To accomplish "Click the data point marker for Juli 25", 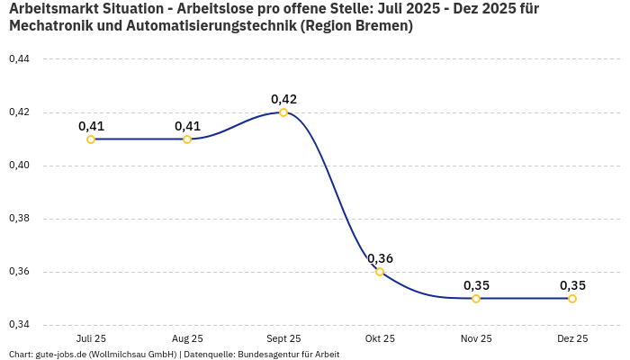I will click(91, 139).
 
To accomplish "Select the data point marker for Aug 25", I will click(187, 139).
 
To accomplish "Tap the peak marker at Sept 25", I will click(283, 112).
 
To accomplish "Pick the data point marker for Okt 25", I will click(380, 272).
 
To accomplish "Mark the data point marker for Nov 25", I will click(476, 299).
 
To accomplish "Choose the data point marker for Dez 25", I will click(572, 299).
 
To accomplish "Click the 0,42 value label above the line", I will click(283, 99).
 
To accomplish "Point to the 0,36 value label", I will click(380, 258).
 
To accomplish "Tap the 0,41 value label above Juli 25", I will click(91, 126).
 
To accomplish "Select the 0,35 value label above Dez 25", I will click(572, 285).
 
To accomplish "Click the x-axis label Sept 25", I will click(283, 338).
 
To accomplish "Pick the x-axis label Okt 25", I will click(380, 338).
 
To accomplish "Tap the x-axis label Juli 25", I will click(91, 338).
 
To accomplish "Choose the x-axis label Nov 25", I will click(476, 338).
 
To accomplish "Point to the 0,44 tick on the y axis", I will click(19, 59).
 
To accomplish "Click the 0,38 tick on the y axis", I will click(19, 219).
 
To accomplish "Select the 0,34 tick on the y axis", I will click(19, 325).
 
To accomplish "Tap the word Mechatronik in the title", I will click(53, 26).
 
